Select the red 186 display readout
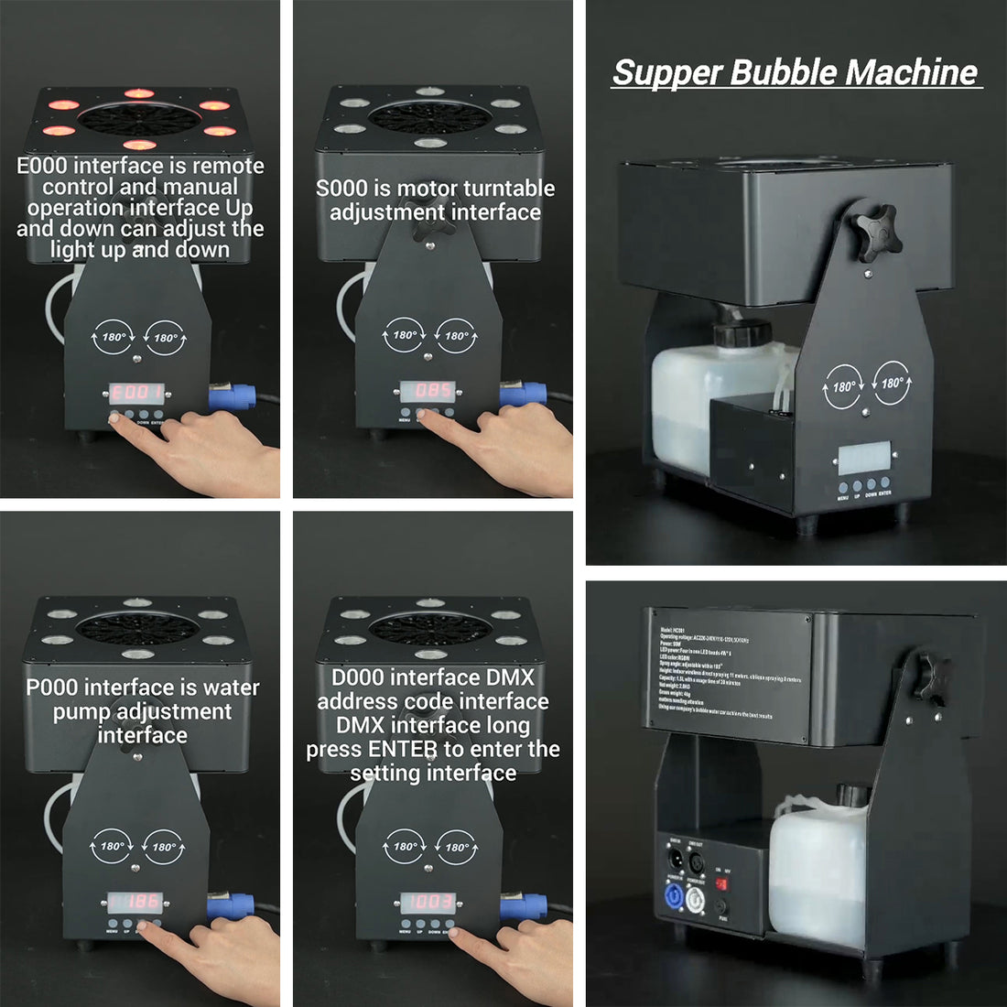click(136, 902)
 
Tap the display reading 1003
click(429, 902)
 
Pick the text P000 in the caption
click(52, 688)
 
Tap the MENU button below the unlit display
click(842, 486)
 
